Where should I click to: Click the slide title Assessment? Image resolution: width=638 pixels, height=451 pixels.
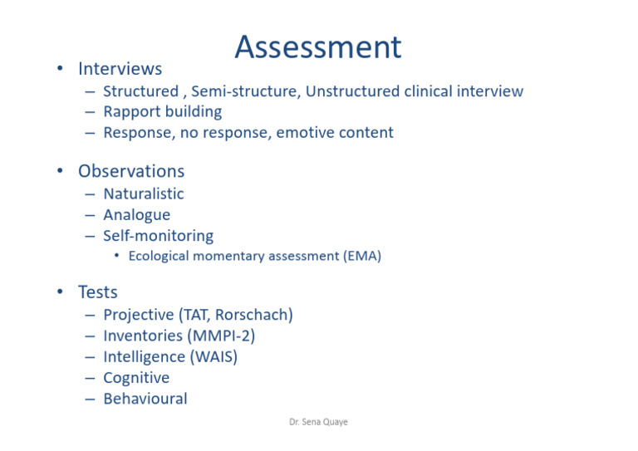tap(317, 47)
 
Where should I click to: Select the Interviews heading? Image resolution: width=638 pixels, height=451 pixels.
tap(120, 69)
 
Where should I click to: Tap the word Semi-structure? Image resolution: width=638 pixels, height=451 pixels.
tap(245, 91)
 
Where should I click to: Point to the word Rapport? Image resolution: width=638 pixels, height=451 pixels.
tap(132, 112)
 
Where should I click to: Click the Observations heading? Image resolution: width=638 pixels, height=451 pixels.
tap(131, 172)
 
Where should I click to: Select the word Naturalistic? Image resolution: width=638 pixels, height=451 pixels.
tap(143, 194)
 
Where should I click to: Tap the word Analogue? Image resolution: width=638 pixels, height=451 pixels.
tap(136, 215)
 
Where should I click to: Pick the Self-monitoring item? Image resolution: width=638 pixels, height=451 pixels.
tap(158, 236)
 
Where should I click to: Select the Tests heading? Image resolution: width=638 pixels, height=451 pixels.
tap(98, 292)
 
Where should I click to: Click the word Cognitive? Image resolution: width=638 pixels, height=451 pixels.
tap(136, 378)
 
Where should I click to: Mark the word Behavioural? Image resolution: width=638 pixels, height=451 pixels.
tap(145, 399)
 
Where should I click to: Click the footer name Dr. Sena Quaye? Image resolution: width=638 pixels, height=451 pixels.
tap(318, 423)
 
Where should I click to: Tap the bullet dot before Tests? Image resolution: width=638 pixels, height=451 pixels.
tap(60, 292)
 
